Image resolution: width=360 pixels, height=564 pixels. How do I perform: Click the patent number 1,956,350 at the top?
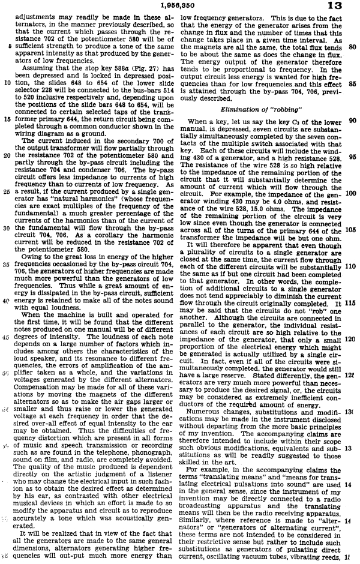179,5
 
